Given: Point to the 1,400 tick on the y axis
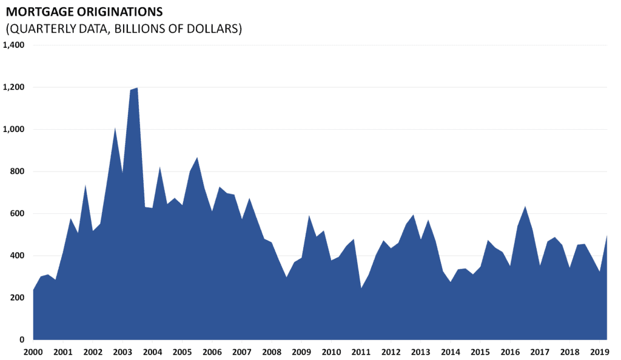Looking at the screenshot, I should [x=13, y=45].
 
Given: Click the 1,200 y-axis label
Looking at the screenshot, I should [x=13, y=87].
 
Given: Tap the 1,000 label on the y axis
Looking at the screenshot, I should [x=13, y=129].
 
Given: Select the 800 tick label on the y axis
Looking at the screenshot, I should [x=16, y=172].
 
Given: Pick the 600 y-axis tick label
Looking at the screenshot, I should [x=16, y=213].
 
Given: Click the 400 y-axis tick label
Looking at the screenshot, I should [x=16, y=256].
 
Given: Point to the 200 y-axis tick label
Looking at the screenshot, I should [x=16, y=298].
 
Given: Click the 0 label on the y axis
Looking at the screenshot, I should [x=22, y=340].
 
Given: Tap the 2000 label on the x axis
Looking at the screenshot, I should [x=33, y=352].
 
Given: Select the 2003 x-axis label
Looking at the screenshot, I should [x=123, y=352].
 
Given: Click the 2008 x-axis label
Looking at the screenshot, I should [x=272, y=352].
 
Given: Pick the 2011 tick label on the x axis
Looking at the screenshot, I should [x=361, y=352].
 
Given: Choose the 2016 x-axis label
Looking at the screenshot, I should [x=510, y=352].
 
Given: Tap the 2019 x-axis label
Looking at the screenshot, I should [x=599, y=352].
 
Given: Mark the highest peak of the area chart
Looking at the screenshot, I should [x=137, y=88].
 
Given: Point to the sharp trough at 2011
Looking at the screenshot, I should [x=361, y=288].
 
